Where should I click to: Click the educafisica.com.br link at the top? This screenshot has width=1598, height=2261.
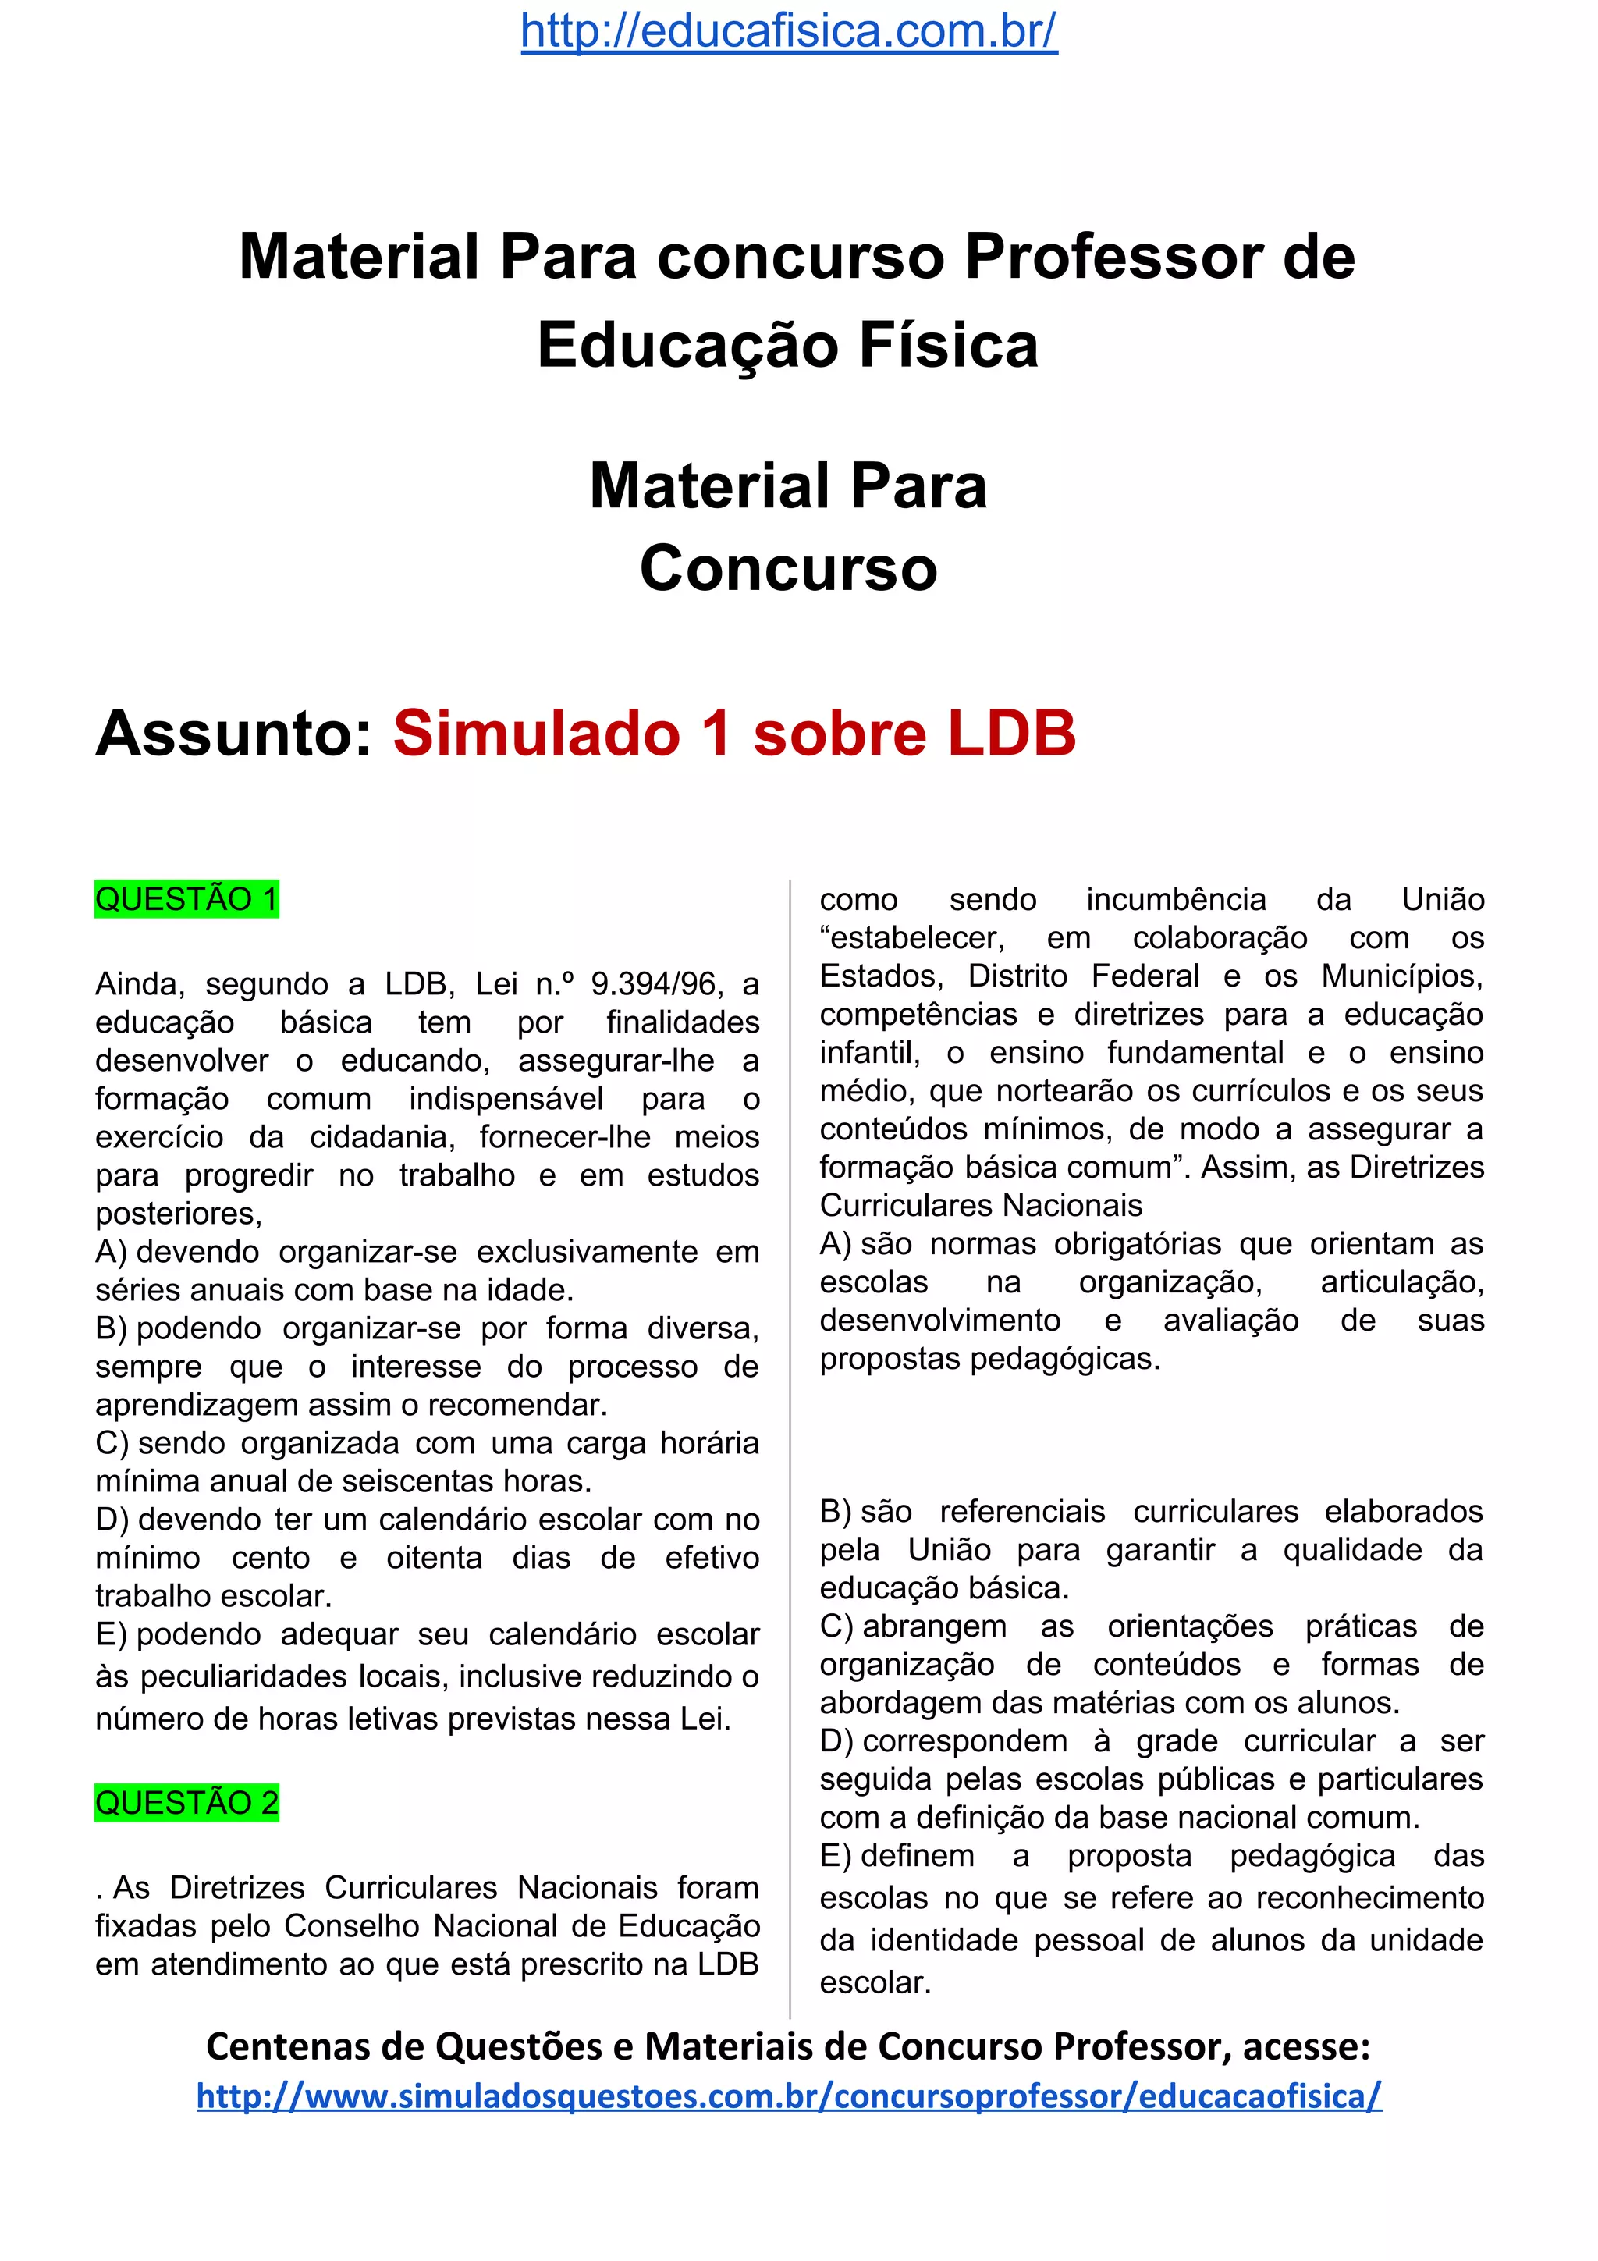coord(789,31)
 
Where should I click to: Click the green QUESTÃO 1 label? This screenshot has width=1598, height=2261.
coord(186,899)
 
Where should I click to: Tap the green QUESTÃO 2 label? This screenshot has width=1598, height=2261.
coord(186,1802)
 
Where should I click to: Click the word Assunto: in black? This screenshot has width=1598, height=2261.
coord(234,734)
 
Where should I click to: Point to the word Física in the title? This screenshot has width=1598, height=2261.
coord(948,346)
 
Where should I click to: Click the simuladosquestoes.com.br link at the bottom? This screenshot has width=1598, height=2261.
coord(789,2096)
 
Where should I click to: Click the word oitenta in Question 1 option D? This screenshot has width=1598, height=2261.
coord(434,1558)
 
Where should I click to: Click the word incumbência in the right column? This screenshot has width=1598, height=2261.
coord(1176,899)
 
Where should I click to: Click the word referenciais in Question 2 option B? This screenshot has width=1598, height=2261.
coord(1022,1512)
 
